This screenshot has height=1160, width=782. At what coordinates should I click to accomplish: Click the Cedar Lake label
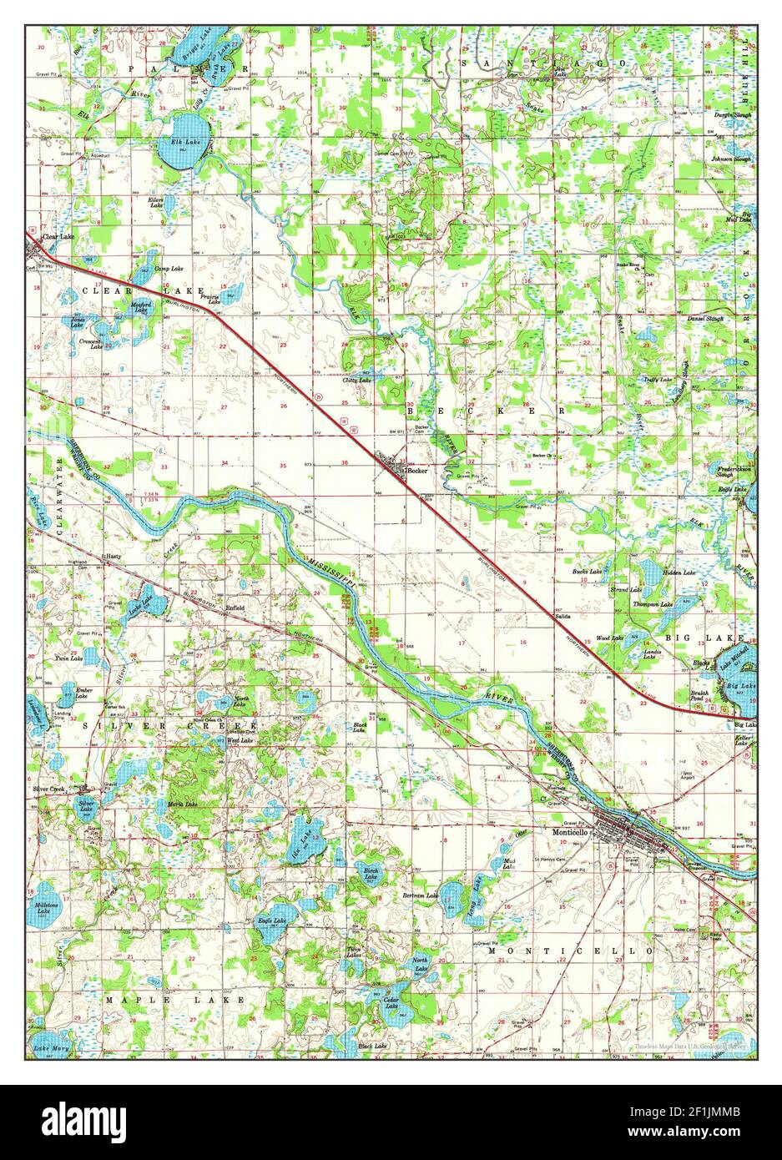(x=392, y=1001)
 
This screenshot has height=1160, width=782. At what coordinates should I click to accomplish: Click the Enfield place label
(x=235, y=608)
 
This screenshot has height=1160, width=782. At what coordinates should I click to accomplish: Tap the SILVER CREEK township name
(x=170, y=728)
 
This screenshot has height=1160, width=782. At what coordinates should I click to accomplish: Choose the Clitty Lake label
(x=357, y=380)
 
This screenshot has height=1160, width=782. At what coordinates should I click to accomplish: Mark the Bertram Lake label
(x=421, y=895)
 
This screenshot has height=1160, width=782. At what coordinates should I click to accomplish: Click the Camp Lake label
(x=164, y=268)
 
